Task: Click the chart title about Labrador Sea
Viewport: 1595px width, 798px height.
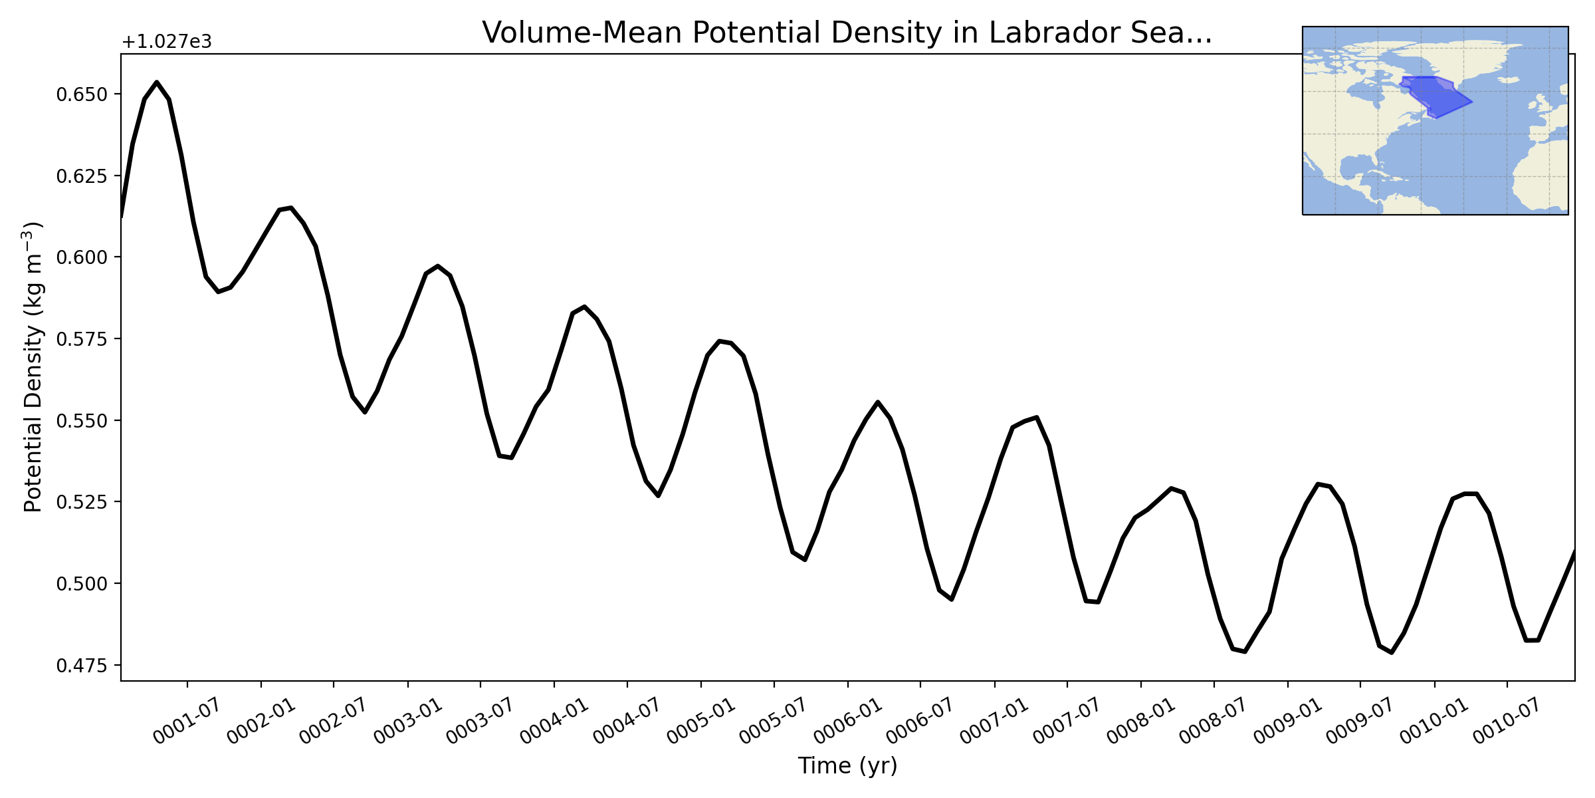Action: pos(847,33)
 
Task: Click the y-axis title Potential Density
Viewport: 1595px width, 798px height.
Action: pos(33,367)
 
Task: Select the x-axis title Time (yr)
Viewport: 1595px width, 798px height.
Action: pos(847,766)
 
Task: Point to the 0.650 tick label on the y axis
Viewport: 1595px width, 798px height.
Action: pos(82,94)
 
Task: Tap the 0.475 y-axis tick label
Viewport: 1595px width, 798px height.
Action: pos(82,666)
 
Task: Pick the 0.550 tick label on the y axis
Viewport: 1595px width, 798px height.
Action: pos(82,421)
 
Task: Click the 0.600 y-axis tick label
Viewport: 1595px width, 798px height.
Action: pos(82,257)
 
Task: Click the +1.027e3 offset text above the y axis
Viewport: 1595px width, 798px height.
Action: pos(167,42)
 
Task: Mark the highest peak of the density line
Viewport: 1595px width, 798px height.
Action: pos(157,82)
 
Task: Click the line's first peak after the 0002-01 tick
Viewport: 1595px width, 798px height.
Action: pos(291,207)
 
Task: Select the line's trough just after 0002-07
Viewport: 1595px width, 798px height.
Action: pos(365,412)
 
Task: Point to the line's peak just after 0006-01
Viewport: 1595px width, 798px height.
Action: pos(878,402)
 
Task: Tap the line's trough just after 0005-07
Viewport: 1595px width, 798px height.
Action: pos(805,560)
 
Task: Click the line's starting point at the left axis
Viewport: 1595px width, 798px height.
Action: pos(122,216)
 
